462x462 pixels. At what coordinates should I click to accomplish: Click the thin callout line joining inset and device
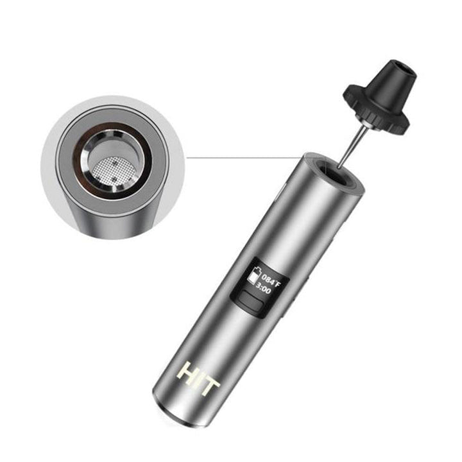[244, 155]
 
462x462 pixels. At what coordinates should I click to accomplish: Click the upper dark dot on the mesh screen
[114, 163]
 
